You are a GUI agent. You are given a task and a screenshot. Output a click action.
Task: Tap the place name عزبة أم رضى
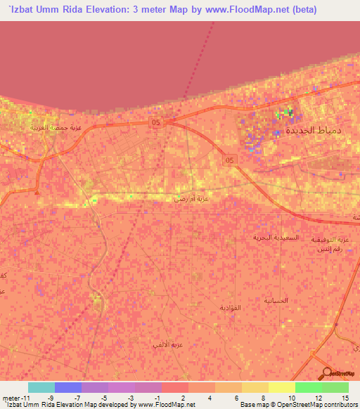[x=192, y=200]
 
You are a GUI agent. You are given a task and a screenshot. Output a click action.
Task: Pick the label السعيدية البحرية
[x=276, y=238]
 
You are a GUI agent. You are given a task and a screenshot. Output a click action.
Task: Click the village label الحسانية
[x=276, y=300]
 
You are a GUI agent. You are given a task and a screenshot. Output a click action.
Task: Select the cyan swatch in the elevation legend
[x=41, y=387]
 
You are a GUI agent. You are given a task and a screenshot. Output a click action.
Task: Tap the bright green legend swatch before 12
[x=308, y=387]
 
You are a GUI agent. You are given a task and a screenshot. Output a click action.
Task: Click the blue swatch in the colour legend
[x=67, y=387]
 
